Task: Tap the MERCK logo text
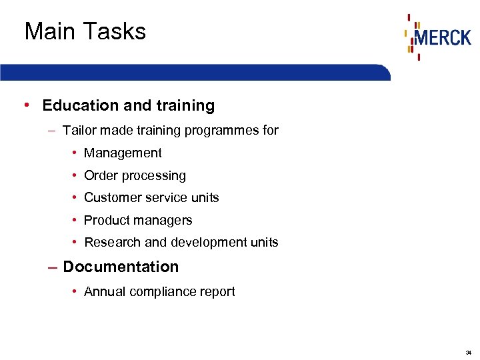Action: coord(442,37)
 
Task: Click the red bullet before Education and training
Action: coord(25,105)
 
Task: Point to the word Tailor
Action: coord(78,130)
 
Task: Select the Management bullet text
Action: coord(123,153)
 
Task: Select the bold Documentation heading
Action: coord(121,267)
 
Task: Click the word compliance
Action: coord(159,291)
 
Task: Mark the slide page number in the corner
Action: coord(469,352)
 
